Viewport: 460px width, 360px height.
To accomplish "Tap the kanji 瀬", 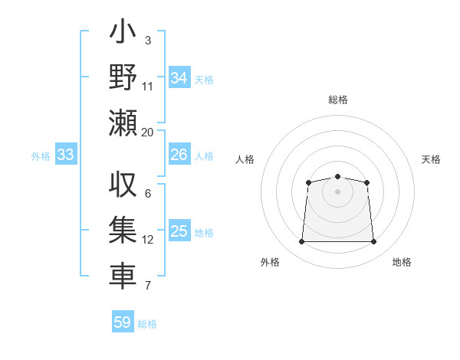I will click(x=123, y=122).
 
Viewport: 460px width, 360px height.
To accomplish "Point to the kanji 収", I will click(x=123, y=186).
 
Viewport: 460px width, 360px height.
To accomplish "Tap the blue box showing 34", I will click(x=179, y=78).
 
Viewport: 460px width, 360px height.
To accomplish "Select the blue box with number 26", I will click(x=179, y=155).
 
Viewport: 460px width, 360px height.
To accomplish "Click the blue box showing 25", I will click(x=179, y=231).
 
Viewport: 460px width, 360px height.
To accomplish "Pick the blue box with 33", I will click(x=66, y=155).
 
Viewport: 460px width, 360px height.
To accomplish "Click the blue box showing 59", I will click(x=123, y=322).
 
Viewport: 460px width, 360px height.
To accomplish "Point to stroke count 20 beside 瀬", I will click(x=148, y=132).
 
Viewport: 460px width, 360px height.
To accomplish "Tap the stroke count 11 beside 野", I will click(x=148, y=86).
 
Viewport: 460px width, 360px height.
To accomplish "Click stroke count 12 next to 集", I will click(x=148, y=240).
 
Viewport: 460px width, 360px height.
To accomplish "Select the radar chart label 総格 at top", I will click(x=337, y=100).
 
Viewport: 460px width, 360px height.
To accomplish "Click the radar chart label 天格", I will click(x=431, y=159).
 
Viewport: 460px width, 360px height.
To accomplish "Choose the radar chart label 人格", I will click(x=245, y=159).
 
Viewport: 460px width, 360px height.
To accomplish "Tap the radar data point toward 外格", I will click(x=301, y=242).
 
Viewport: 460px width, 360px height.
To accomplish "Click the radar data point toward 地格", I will click(x=374, y=242).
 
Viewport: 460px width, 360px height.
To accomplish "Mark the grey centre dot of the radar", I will click(x=337, y=191).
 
